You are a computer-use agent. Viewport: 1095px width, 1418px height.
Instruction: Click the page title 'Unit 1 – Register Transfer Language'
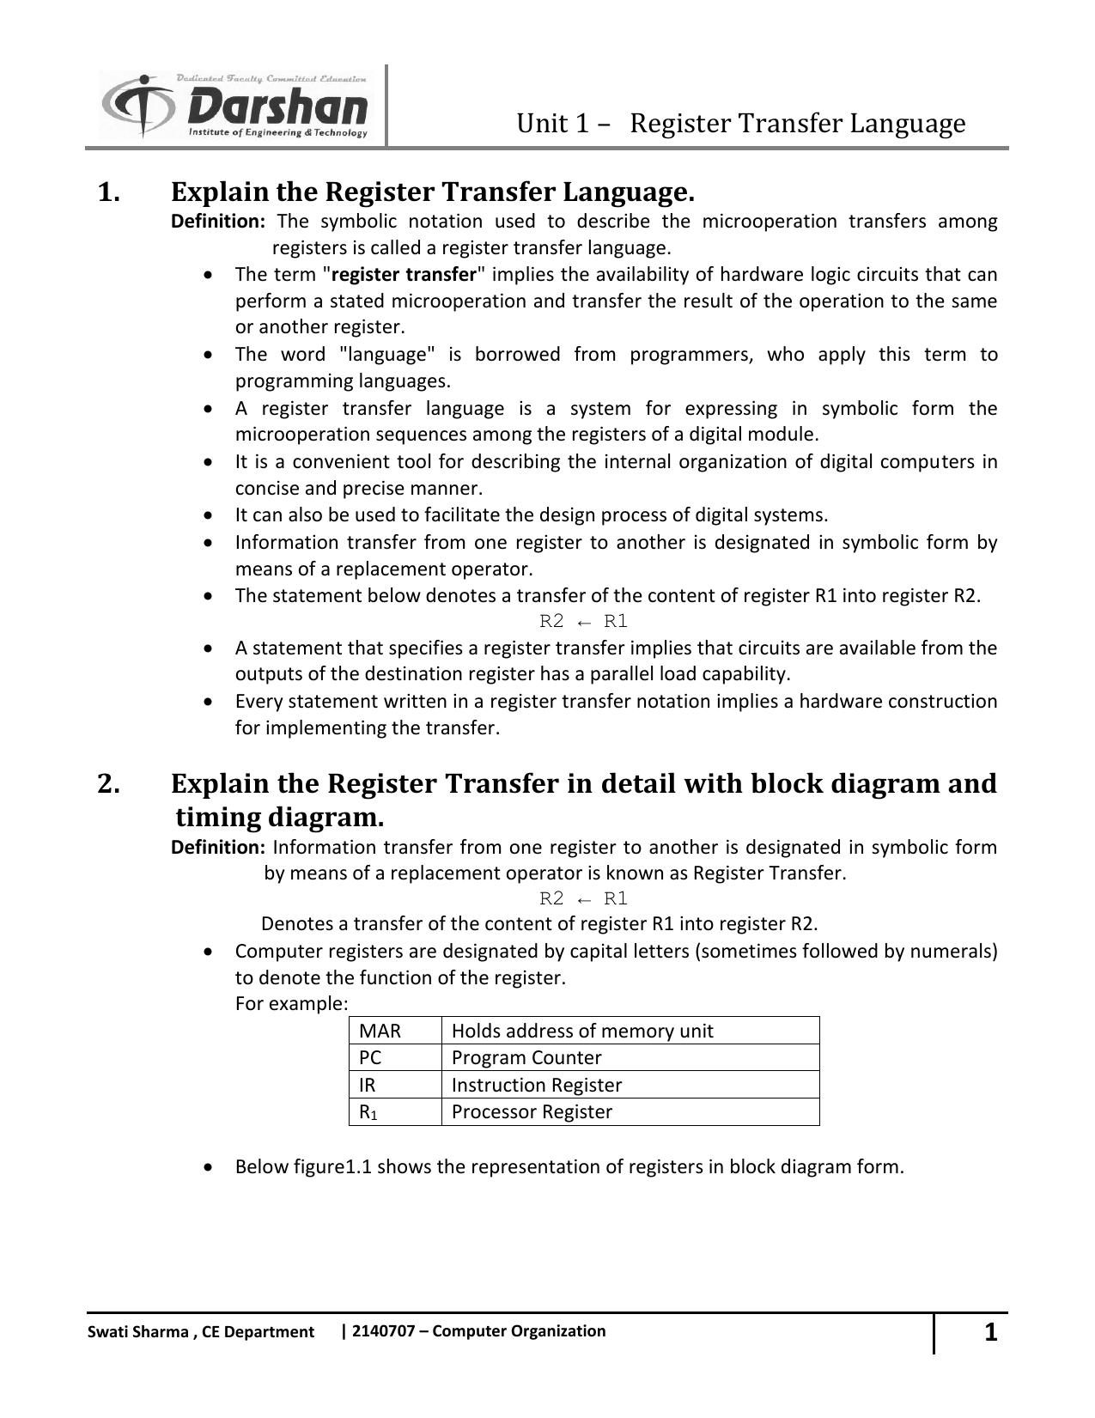point(740,124)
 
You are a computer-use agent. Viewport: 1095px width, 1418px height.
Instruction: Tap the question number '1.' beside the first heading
point(109,192)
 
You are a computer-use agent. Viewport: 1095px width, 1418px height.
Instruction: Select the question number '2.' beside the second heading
point(109,783)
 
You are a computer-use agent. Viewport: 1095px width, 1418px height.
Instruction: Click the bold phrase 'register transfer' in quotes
point(404,275)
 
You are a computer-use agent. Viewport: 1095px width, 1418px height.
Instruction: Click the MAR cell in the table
point(380,1031)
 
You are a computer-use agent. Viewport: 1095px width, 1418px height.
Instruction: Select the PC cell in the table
point(371,1058)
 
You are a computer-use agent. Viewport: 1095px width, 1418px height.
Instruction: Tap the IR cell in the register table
point(368,1085)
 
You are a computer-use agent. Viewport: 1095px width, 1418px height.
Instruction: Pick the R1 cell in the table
point(368,1112)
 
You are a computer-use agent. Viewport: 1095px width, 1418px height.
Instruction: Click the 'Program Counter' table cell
point(526,1058)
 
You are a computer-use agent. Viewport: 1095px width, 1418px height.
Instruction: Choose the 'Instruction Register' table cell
point(537,1085)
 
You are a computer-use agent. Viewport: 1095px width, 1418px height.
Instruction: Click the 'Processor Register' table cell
point(532,1112)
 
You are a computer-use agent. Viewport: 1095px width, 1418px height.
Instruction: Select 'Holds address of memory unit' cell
point(582,1031)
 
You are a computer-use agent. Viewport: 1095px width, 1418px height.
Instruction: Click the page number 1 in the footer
point(990,1332)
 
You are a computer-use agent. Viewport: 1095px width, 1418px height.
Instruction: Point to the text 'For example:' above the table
point(292,1004)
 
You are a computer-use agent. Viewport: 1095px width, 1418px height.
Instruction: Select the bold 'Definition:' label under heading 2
point(218,848)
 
